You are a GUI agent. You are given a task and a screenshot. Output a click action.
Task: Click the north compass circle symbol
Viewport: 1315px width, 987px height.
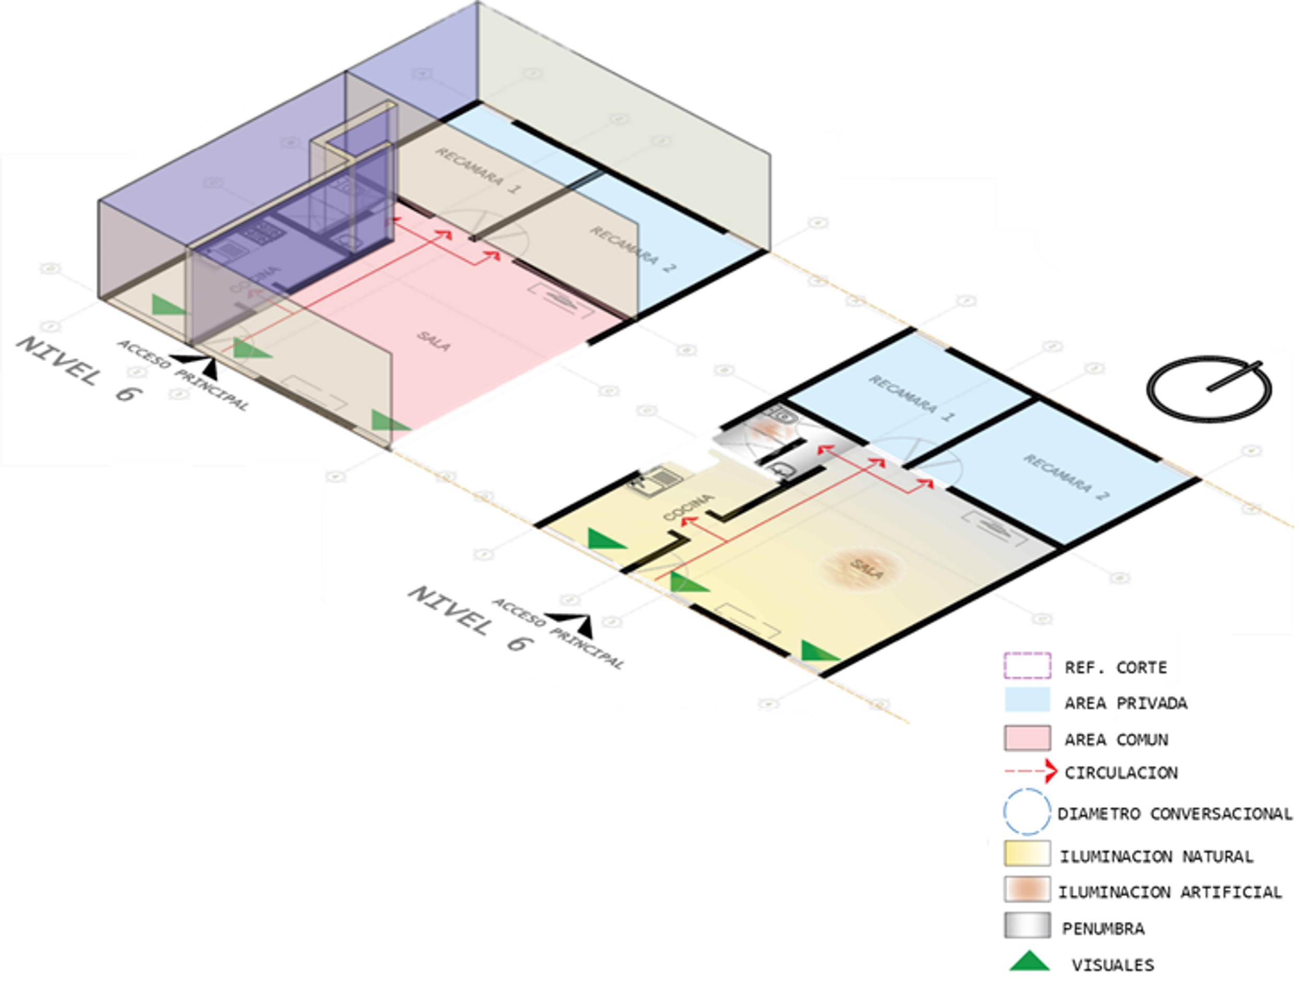[1208, 390]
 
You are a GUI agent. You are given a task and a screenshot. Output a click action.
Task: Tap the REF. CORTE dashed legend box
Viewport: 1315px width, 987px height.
[1027, 665]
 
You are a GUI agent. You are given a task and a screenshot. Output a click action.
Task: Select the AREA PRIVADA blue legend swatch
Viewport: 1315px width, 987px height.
[1027, 700]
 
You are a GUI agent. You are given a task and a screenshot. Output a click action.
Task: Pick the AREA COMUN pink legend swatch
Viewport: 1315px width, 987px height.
[1027, 738]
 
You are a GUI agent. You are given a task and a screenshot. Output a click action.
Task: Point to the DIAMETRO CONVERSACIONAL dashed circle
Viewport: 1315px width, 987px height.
[1027, 811]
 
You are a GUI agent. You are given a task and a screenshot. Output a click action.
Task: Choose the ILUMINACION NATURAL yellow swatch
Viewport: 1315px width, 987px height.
[1027, 853]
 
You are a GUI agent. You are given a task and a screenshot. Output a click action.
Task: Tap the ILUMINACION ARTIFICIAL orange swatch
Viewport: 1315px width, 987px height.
[1027, 889]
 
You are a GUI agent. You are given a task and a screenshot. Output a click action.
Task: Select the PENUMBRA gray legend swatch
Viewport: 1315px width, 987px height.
[1027, 925]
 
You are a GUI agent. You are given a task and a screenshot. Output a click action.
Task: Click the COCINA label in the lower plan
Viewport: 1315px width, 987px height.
[689, 507]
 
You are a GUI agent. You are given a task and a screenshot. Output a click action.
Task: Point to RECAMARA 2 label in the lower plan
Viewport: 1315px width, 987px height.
[1066, 477]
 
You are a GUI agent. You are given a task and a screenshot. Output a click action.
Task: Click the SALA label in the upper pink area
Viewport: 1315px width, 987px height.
[433, 340]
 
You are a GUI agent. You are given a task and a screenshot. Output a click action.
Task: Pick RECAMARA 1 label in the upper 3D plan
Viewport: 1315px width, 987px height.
[478, 170]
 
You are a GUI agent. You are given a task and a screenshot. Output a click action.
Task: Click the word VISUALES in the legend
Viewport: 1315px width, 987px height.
[1112, 965]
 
